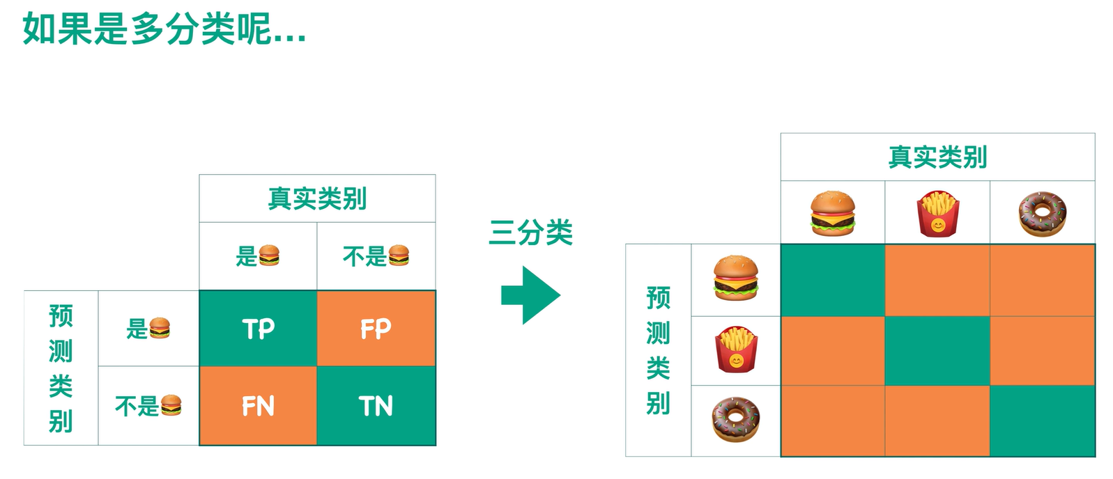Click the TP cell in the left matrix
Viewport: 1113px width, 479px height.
(258, 329)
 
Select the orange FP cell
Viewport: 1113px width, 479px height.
(376, 329)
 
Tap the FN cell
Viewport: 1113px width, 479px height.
(258, 406)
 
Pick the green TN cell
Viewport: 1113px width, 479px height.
(376, 406)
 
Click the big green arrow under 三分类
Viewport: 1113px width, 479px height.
(530, 295)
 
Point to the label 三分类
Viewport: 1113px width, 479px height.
(530, 233)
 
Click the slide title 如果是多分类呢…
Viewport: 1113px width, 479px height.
(164, 29)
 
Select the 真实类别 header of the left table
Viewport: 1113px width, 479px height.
(317, 198)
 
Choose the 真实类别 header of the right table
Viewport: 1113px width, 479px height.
(937, 157)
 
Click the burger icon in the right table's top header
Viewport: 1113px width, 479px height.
(833, 213)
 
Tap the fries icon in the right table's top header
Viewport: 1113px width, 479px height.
(937, 213)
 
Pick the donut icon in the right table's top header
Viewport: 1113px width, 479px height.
(1042, 213)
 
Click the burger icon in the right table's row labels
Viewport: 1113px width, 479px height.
(736, 278)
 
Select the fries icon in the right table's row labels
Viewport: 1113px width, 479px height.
(736, 350)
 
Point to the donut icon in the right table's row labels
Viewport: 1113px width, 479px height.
(736, 420)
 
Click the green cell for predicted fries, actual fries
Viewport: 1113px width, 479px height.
(937, 350)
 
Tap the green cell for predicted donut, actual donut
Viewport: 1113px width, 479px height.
(1042, 421)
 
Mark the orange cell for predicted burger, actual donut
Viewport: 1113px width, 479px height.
(1042, 280)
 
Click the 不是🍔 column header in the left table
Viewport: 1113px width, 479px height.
(376, 256)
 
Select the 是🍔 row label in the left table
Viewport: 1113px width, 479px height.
(148, 328)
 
